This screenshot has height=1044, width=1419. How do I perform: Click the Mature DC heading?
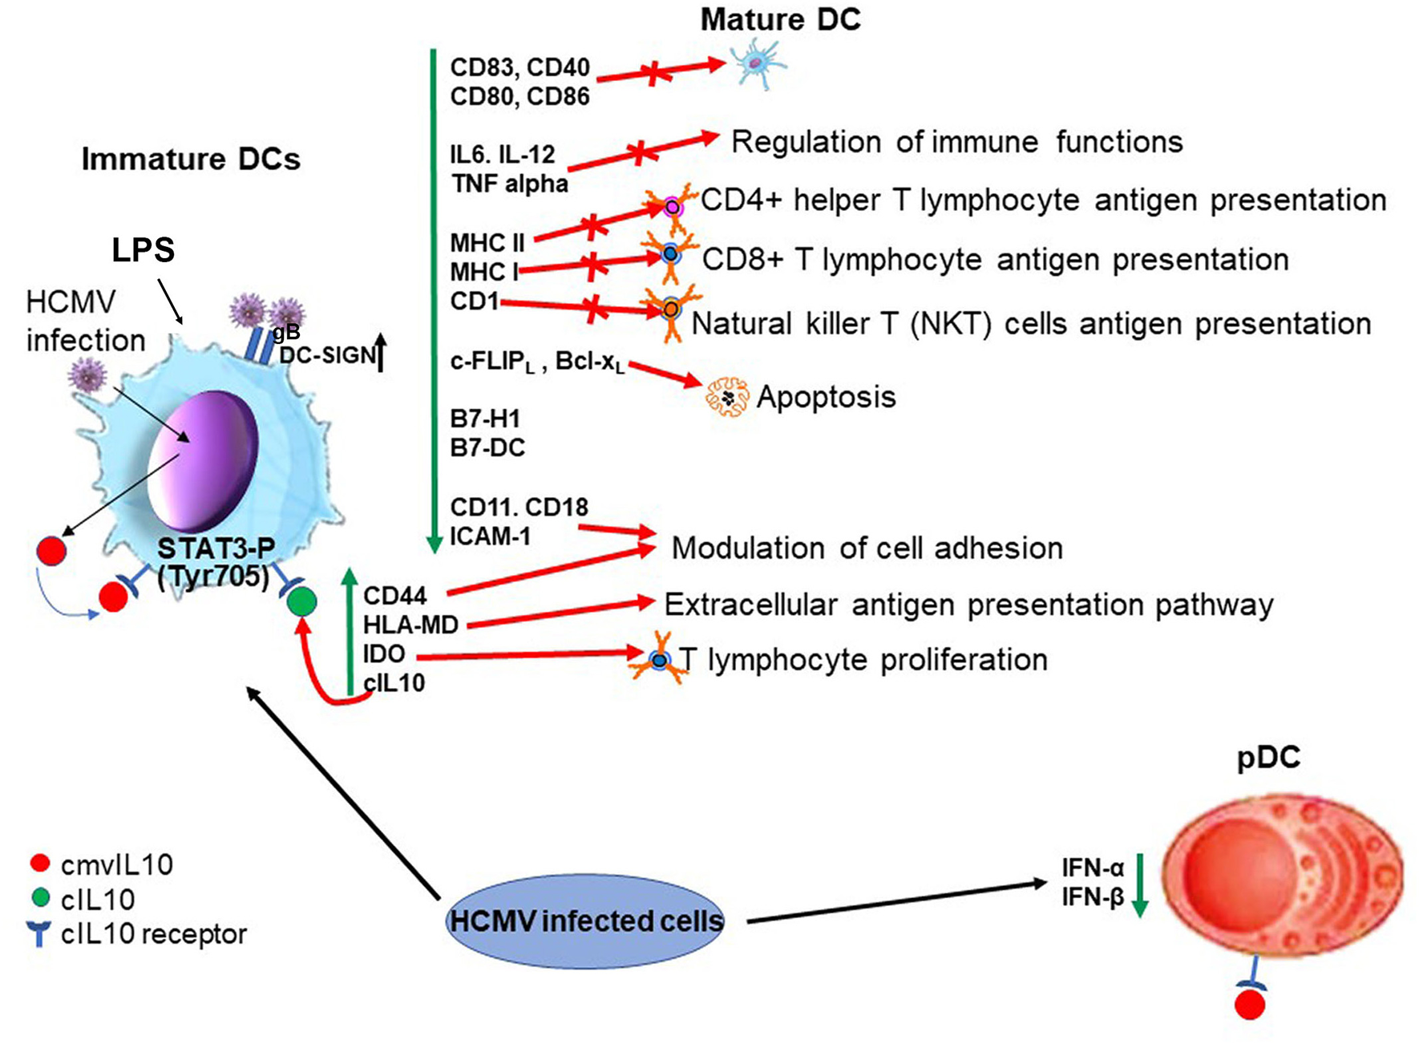coord(780,20)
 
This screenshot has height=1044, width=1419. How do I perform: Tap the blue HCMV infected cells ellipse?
coord(586,921)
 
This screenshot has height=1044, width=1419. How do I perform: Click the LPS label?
coord(143,250)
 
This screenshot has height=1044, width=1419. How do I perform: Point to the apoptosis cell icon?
coord(726,397)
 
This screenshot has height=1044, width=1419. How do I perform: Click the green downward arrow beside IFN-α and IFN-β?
coord(1139,885)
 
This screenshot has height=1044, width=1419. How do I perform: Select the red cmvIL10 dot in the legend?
coord(39,864)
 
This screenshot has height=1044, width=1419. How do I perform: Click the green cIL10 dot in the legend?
coord(39,898)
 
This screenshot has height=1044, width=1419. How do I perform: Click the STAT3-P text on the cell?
coord(216,549)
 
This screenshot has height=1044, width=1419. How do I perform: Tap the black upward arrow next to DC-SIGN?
coord(381,353)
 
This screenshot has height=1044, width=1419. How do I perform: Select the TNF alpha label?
coord(510,184)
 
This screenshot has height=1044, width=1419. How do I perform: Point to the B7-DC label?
coord(487,447)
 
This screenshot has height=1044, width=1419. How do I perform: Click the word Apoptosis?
coord(826,397)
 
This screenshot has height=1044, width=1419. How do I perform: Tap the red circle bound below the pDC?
coord(1249,1005)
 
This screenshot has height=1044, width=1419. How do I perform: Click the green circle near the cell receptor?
coord(301,601)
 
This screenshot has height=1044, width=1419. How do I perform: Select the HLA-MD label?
coord(410,625)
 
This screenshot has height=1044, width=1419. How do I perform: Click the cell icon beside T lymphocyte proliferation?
coord(660,659)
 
